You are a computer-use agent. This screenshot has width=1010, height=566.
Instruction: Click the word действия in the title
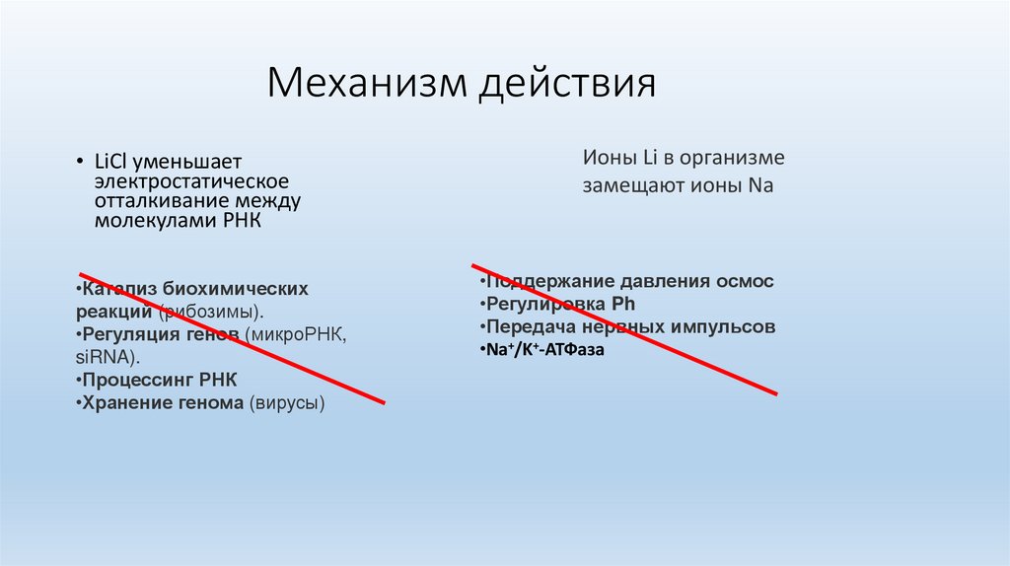567,83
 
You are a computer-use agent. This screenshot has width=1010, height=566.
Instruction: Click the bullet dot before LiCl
82,162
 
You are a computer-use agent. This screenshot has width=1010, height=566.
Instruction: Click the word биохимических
236,289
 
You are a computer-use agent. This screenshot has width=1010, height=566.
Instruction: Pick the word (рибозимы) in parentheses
213,312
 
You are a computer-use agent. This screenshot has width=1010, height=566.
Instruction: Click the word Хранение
124,402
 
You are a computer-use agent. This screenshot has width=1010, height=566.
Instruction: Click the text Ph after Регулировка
623,304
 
